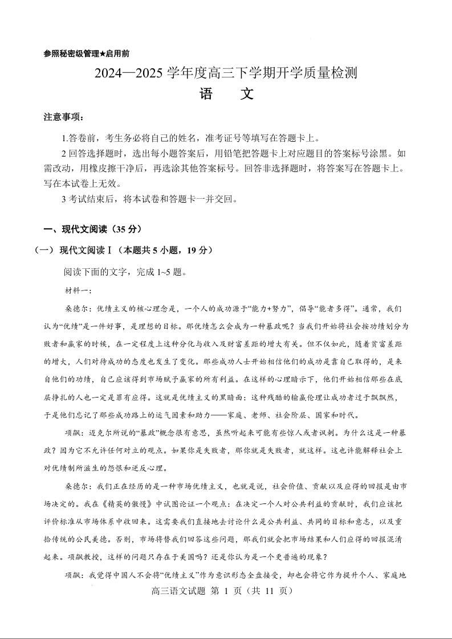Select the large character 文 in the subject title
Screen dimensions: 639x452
[246, 94]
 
